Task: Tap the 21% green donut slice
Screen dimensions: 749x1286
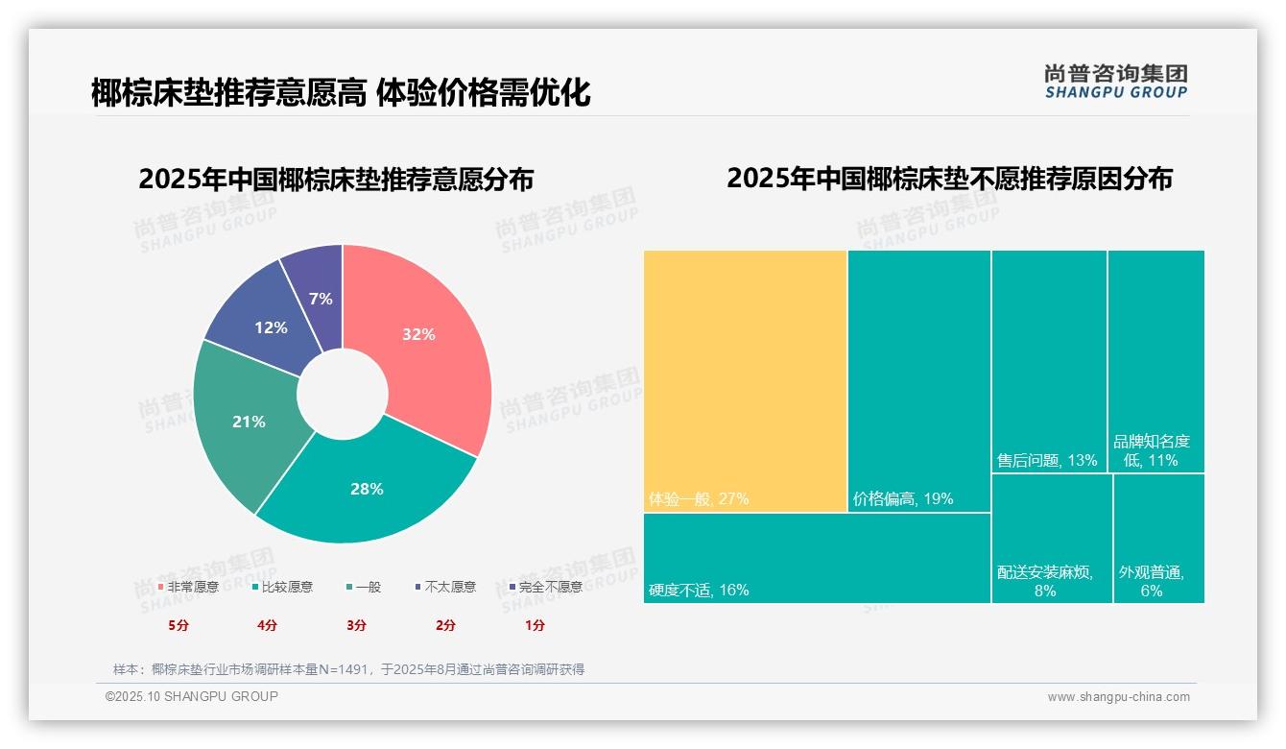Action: tap(247, 423)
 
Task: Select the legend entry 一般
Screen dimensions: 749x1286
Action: tap(368, 587)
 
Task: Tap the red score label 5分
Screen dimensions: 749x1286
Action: tap(179, 625)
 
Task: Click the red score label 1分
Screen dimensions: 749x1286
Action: tap(535, 625)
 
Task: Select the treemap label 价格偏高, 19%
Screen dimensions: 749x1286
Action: tap(902, 499)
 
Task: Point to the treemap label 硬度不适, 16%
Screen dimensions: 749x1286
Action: tap(698, 590)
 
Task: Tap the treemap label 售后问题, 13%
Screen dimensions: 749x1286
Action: tap(1047, 460)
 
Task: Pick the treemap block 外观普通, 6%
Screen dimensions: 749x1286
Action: tap(1158, 538)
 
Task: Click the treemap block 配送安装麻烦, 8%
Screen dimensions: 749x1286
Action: tap(1051, 538)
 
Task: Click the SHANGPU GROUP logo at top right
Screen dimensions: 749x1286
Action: tap(1115, 82)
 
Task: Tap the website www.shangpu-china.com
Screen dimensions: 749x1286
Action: tap(1118, 697)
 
